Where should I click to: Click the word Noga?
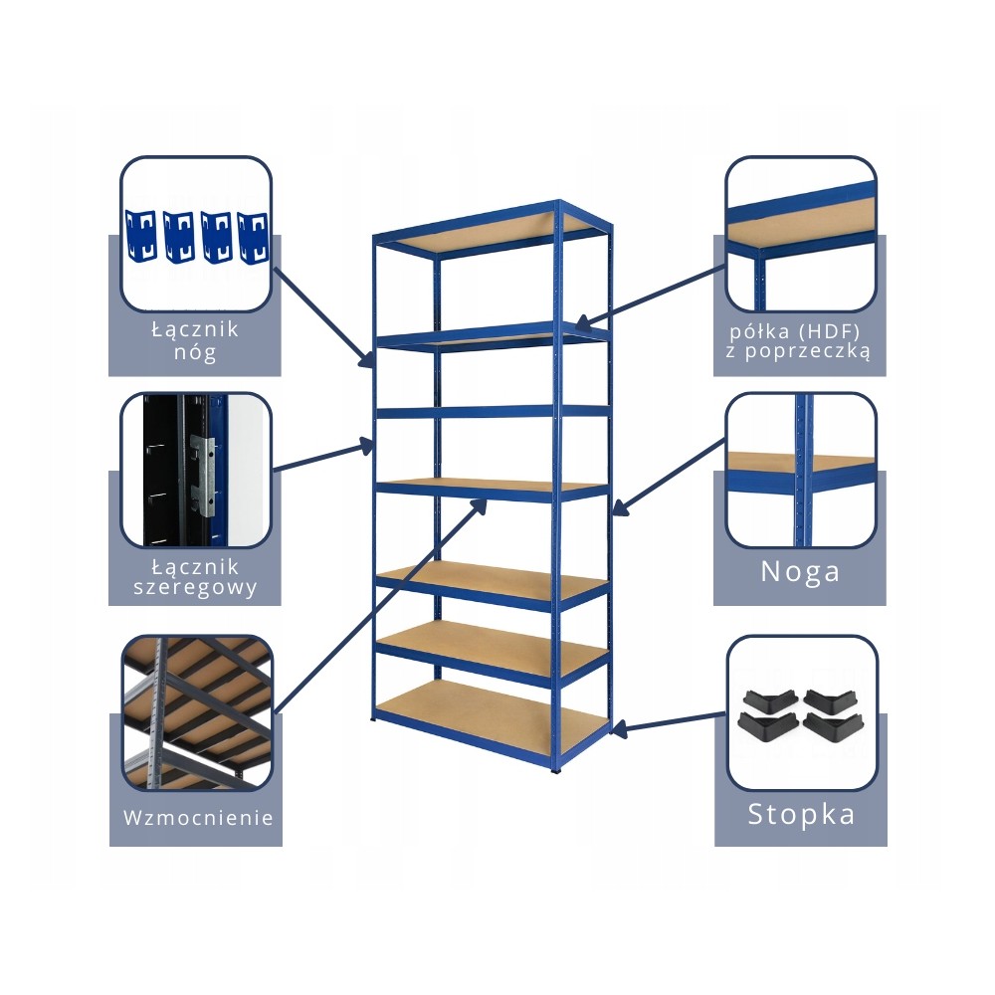click(800, 571)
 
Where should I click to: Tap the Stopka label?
click(801, 814)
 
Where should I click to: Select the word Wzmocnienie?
click(198, 818)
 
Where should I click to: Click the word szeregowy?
click(196, 587)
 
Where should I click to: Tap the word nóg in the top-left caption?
click(195, 350)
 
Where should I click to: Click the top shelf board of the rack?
click(488, 229)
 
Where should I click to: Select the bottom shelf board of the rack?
click(493, 712)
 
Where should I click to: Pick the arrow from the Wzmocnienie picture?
click(378, 607)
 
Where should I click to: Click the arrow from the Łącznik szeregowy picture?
click(323, 457)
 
